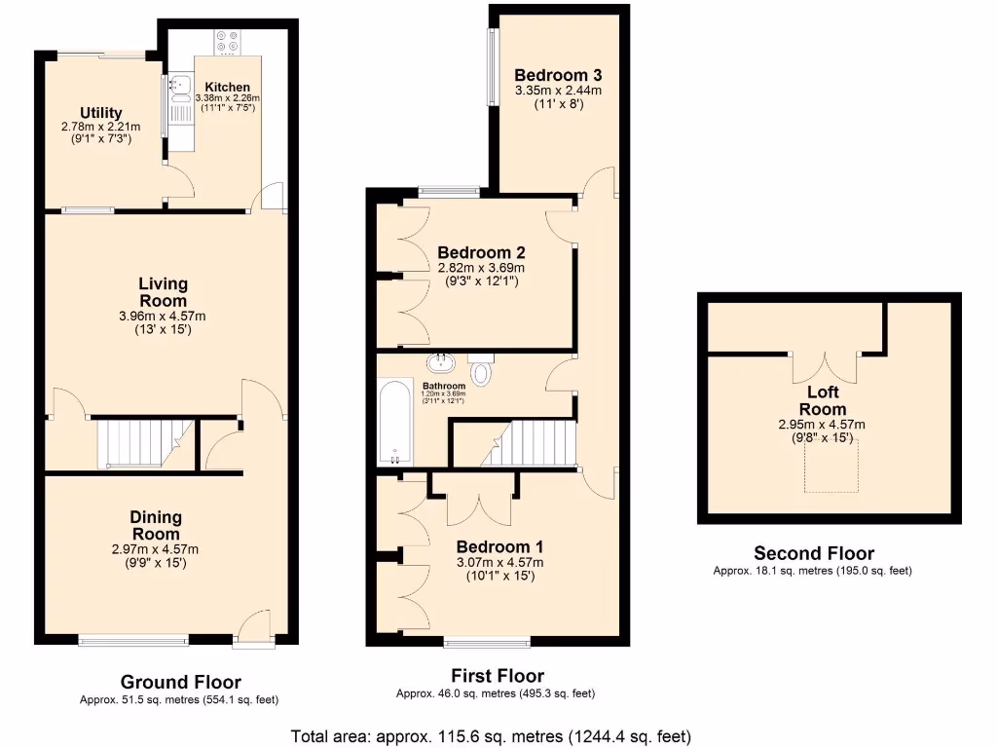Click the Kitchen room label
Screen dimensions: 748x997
click(x=228, y=87)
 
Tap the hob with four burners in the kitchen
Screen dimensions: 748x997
click(x=228, y=41)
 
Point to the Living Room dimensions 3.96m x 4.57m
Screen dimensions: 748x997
click(x=163, y=316)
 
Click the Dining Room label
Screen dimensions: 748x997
click(x=156, y=525)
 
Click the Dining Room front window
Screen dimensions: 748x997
click(x=133, y=640)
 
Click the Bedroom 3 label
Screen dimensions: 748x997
click(x=558, y=75)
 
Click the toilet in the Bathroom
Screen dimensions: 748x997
click(x=482, y=369)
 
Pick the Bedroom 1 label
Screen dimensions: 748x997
click(x=499, y=546)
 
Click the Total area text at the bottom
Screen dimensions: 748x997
click(x=492, y=736)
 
